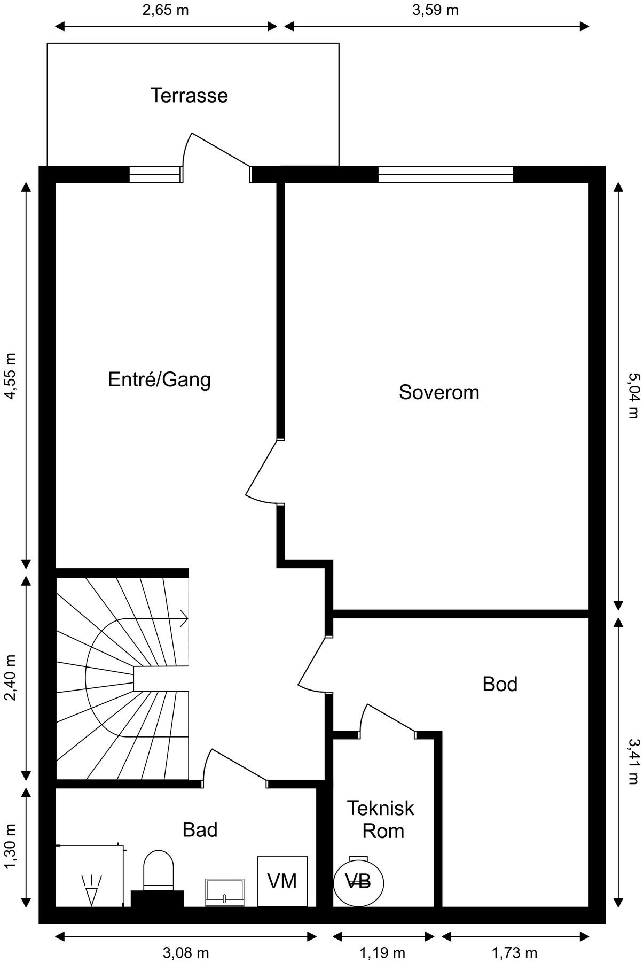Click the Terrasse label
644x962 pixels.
tap(189, 96)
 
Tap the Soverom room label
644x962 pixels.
tap(439, 392)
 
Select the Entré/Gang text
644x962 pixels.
tap(159, 380)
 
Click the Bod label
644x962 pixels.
tap(500, 684)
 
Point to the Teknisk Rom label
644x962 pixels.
tap(381, 819)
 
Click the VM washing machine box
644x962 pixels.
tap(282, 881)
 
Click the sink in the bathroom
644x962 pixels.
tap(225, 892)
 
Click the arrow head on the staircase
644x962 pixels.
tap(184, 619)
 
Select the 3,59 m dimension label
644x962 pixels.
tap(435, 10)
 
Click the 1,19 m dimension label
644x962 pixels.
tap(382, 952)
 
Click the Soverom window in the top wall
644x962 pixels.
tap(445, 174)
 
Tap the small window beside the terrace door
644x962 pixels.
tap(155, 174)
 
